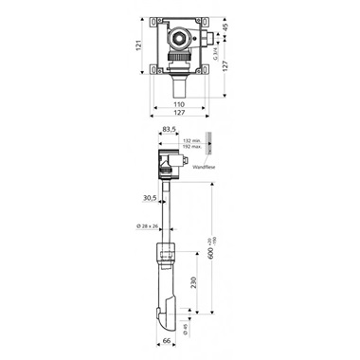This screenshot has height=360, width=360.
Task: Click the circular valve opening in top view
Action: coord(179,41)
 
